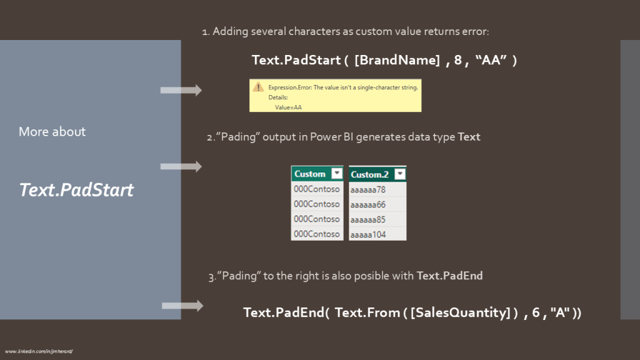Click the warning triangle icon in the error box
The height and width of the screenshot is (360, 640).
coord(257,88)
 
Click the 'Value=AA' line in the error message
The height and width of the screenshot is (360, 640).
coord(288,107)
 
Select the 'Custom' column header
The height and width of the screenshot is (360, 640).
coord(310,174)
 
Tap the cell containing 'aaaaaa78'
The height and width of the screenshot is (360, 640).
coord(368,189)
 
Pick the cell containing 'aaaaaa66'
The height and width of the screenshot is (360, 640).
coord(368,204)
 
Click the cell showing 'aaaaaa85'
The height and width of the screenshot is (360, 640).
coord(368,219)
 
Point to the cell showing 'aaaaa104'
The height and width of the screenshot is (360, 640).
coord(368,234)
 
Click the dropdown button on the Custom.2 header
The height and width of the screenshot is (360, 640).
coord(399,174)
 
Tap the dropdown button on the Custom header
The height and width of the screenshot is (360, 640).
coord(337,174)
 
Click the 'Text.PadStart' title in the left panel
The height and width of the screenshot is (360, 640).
coord(76,189)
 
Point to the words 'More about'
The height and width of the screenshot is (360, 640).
coord(52,132)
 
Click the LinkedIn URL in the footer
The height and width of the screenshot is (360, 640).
coord(39,351)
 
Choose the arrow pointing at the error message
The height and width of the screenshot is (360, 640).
coord(181,91)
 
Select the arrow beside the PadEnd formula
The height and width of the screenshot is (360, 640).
coord(182,306)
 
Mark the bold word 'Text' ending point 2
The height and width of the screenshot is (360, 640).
coord(469,136)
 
